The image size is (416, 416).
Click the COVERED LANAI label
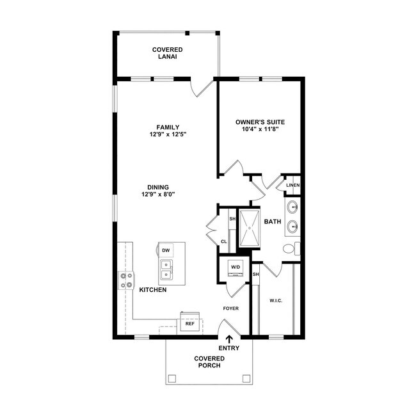[167, 53]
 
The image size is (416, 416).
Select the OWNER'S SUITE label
[260, 122]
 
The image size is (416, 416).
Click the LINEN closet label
[293, 186]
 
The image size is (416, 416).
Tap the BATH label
[273, 221]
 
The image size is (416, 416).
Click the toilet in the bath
[290, 248]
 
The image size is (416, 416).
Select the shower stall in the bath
[250, 228]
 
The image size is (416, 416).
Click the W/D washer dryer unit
[235, 268]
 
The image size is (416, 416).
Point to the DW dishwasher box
[166, 250]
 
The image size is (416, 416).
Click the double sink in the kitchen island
[166, 269]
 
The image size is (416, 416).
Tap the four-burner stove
[126, 280]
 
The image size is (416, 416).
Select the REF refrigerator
[189, 323]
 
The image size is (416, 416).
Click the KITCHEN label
[153, 290]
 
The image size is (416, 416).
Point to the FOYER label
[231, 308]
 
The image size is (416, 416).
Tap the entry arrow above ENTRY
[229, 339]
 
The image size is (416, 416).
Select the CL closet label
[224, 241]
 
